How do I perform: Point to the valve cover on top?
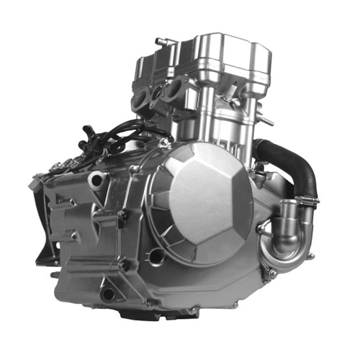[x=216, y=54]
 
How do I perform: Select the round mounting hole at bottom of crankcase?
[x=108, y=294]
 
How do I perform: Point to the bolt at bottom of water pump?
[x=272, y=274]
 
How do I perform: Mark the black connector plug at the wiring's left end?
[x=88, y=133]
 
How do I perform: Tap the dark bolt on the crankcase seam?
[x=124, y=215]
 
